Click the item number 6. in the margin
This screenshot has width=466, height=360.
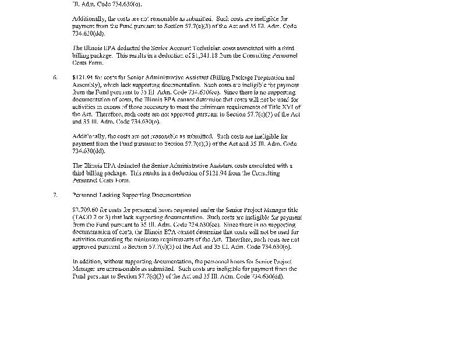pos(55,77)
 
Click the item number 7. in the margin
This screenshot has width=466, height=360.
pos(55,195)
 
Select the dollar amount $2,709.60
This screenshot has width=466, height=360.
pos(84,210)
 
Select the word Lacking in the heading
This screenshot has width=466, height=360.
pos(110,195)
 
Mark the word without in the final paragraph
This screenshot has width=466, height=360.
pos(111,262)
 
